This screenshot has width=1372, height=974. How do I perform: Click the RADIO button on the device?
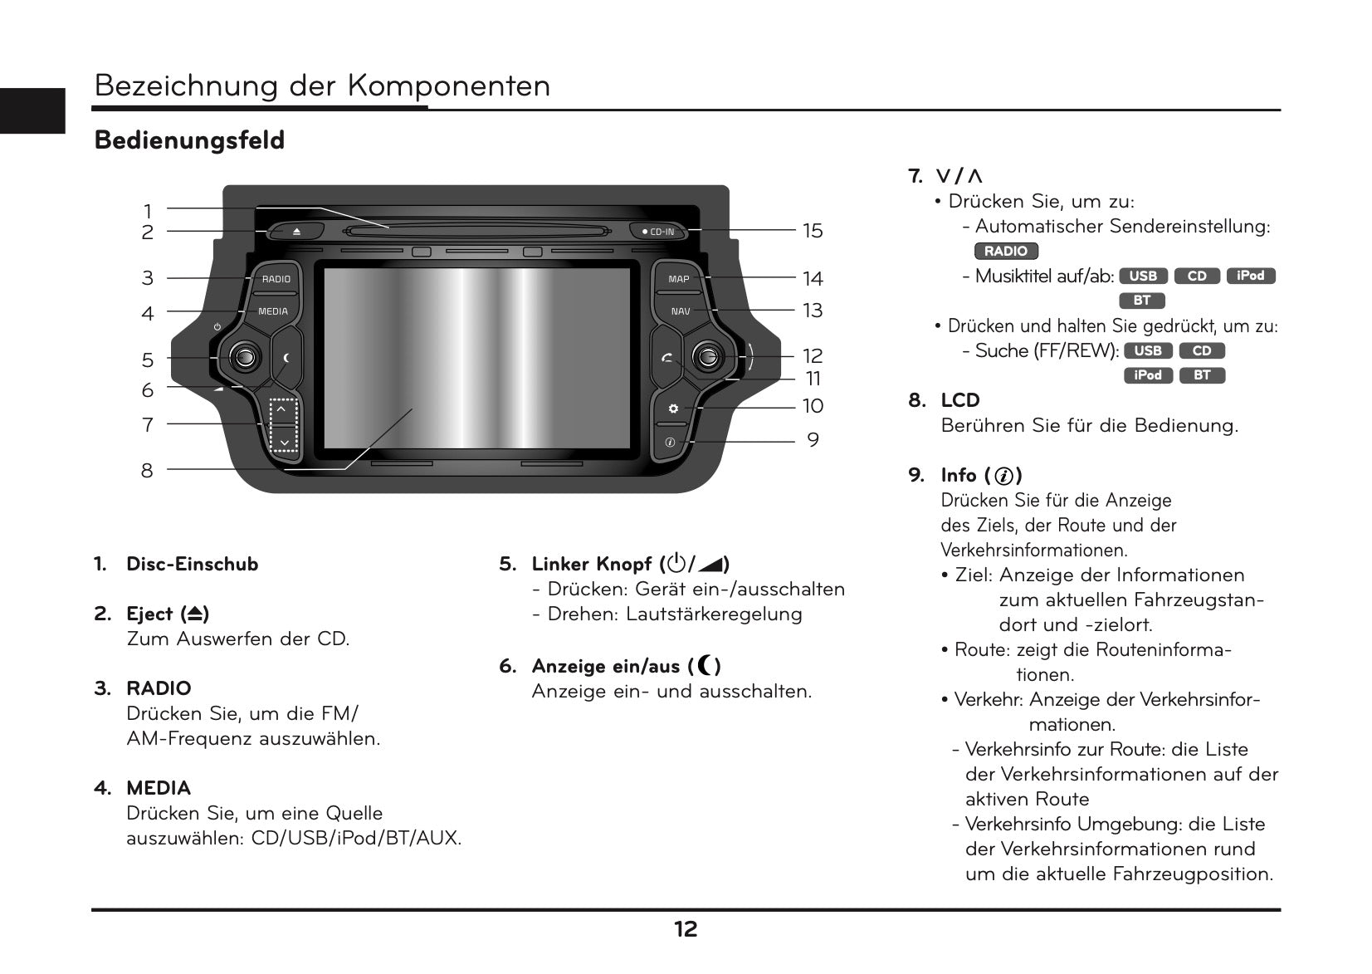276,279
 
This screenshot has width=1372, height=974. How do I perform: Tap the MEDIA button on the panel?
273,311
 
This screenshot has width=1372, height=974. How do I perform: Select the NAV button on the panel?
681,311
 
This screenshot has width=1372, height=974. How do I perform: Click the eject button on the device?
296,231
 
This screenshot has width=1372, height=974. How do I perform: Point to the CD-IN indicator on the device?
659,232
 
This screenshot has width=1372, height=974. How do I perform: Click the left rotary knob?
245,357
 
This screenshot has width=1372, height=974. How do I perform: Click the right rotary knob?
706,357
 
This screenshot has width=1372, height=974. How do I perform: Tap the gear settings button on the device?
673,409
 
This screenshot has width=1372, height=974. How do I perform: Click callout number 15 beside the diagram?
813,231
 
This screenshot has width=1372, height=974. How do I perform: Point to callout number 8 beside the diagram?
147,471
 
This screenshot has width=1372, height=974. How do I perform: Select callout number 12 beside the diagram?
813,356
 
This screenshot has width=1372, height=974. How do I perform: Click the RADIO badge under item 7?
1005,251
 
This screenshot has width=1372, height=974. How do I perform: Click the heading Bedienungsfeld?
189,140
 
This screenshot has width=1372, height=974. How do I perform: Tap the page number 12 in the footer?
686,929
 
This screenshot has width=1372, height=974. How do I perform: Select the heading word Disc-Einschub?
192,564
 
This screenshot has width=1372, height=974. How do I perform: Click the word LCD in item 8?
959,400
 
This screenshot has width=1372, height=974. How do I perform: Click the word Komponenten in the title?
448,86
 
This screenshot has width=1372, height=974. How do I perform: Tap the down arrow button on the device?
284,441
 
